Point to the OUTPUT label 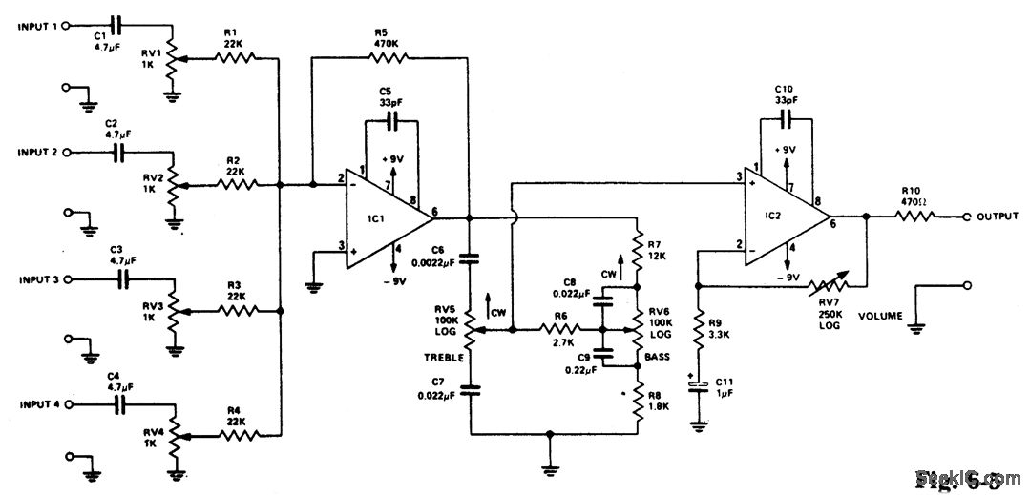[x=998, y=217]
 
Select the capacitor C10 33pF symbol [x=786, y=118]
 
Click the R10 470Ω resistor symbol [x=915, y=217]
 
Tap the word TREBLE [x=444, y=357]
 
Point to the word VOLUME [x=879, y=315]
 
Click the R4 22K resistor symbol [x=234, y=436]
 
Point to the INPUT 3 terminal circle [x=67, y=279]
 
